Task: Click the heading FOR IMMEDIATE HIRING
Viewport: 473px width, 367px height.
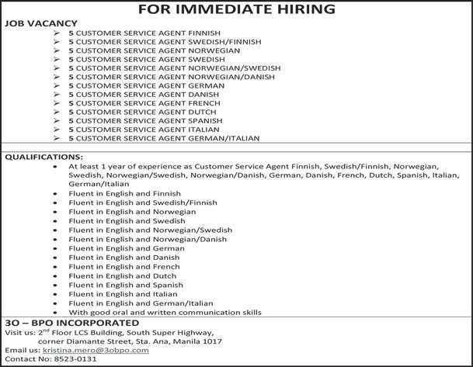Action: (236, 9)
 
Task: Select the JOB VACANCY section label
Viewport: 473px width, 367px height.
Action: (34, 24)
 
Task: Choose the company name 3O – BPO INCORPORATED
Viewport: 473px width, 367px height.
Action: (72, 323)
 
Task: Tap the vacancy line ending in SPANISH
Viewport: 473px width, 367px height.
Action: (147, 121)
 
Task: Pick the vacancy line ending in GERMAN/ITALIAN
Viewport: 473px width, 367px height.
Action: (164, 138)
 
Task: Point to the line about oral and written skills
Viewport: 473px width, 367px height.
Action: (165, 313)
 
